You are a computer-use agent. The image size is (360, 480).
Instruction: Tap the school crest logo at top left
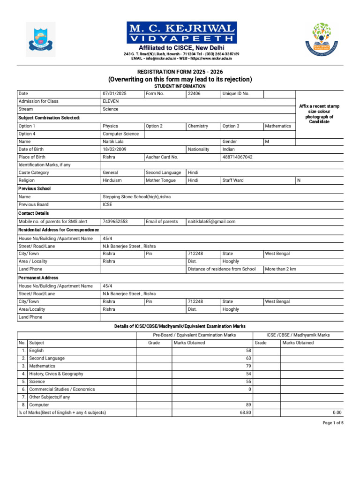[40, 39]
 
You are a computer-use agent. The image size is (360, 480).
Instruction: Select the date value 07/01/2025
[114, 93]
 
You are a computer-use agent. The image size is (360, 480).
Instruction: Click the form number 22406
[194, 93]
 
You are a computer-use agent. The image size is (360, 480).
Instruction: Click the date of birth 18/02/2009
[115, 149]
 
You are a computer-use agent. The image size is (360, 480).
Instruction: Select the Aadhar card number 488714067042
[237, 157]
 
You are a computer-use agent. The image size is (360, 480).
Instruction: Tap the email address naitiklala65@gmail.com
[211, 221]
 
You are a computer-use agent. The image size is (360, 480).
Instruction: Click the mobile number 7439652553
[115, 221]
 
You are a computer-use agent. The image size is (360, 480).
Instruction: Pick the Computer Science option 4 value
[120, 134]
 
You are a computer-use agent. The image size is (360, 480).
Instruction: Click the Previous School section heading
[35, 188]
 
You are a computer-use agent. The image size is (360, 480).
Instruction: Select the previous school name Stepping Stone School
[136, 197]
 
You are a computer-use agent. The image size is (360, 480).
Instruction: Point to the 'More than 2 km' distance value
[280, 269]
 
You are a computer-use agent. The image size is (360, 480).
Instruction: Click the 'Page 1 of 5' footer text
[333, 423]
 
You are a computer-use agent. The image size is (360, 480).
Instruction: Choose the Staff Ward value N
[299, 180]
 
